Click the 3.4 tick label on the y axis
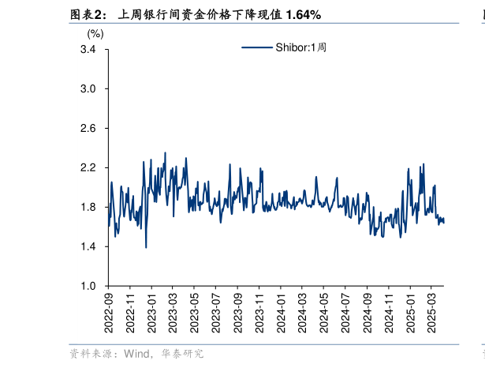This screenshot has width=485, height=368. [x=88, y=50]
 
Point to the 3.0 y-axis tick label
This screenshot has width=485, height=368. [x=88, y=89]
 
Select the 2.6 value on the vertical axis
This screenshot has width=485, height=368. [x=88, y=129]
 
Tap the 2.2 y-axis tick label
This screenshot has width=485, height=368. [x=88, y=168]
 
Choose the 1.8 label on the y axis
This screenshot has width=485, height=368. [x=88, y=208]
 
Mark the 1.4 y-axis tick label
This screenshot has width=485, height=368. [x=88, y=247]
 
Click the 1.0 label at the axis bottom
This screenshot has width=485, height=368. [x=88, y=287]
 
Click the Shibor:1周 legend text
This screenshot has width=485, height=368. [x=300, y=47]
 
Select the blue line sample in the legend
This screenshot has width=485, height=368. [x=256, y=47]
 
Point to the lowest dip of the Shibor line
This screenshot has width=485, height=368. [x=146, y=247]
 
